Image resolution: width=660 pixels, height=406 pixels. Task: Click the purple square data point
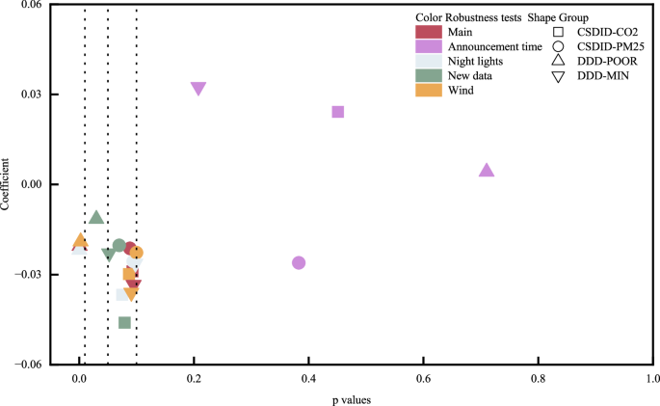pos(338,112)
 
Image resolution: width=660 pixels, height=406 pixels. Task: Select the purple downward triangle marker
pos(198,89)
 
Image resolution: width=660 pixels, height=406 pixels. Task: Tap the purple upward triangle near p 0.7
pos(487,171)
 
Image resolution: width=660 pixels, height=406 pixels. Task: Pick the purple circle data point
pos(299,262)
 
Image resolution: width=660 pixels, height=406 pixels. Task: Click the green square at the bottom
pos(124,322)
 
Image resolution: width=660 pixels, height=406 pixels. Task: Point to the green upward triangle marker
pos(96,218)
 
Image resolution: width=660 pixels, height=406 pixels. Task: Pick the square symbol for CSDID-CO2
pos(558,32)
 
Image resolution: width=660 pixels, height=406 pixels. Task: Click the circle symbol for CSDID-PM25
pos(558,46)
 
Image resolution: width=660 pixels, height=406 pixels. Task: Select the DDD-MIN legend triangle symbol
pos(558,76)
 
